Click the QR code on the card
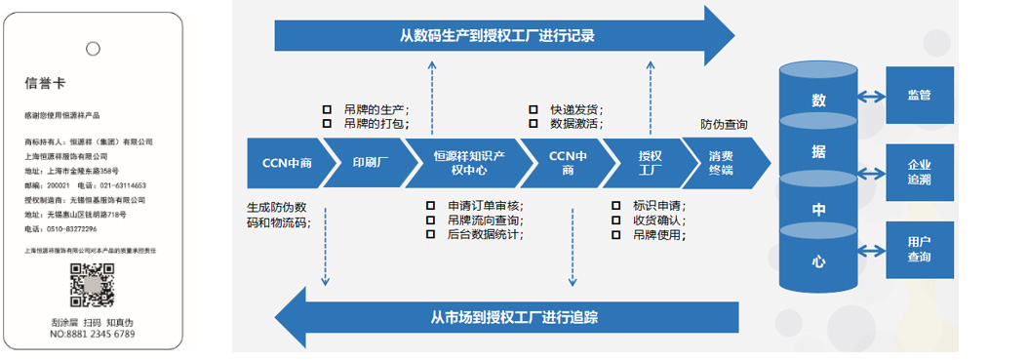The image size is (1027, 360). click(92, 287)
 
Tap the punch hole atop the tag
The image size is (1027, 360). click(93, 47)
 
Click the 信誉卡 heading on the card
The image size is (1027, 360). click(46, 84)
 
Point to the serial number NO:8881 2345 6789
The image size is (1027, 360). click(92, 335)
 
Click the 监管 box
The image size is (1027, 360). click(919, 96)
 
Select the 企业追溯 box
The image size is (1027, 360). click(919, 174)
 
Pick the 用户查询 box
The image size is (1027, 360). click(919, 250)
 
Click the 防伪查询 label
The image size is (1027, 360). click(725, 125)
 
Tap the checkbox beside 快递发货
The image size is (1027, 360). click(533, 109)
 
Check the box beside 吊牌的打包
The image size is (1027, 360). click(328, 124)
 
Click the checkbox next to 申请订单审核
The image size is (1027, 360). click(431, 206)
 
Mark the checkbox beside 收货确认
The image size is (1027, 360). click(615, 220)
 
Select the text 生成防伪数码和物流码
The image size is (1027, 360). click(281, 215)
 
